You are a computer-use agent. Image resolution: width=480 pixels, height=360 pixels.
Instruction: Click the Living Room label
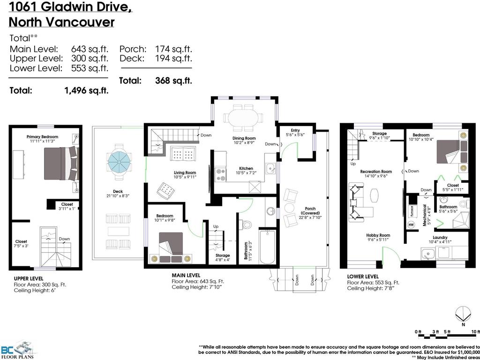click(184, 172)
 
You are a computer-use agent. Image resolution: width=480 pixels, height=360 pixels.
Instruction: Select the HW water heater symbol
click(412, 225)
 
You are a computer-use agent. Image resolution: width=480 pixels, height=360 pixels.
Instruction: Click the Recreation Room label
click(376, 172)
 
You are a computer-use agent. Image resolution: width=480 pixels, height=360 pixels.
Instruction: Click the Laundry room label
click(440, 237)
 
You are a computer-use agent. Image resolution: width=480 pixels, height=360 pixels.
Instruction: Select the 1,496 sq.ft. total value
click(86, 91)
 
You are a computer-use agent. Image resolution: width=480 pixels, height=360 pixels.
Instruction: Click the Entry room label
click(295, 130)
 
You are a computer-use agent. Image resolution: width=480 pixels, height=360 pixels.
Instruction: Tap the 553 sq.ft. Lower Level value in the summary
click(90, 68)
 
